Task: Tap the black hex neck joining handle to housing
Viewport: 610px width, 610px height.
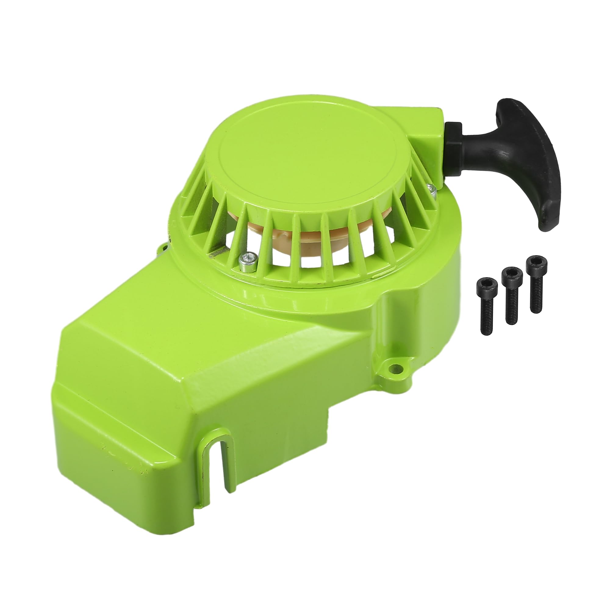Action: click(454, 137)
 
